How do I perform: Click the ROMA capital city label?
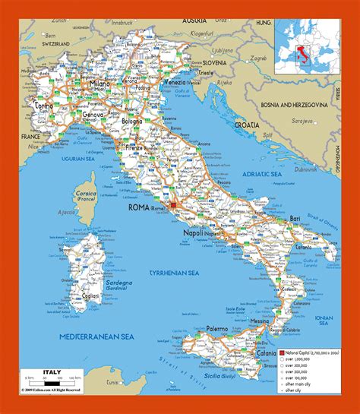tap(139, 206)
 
